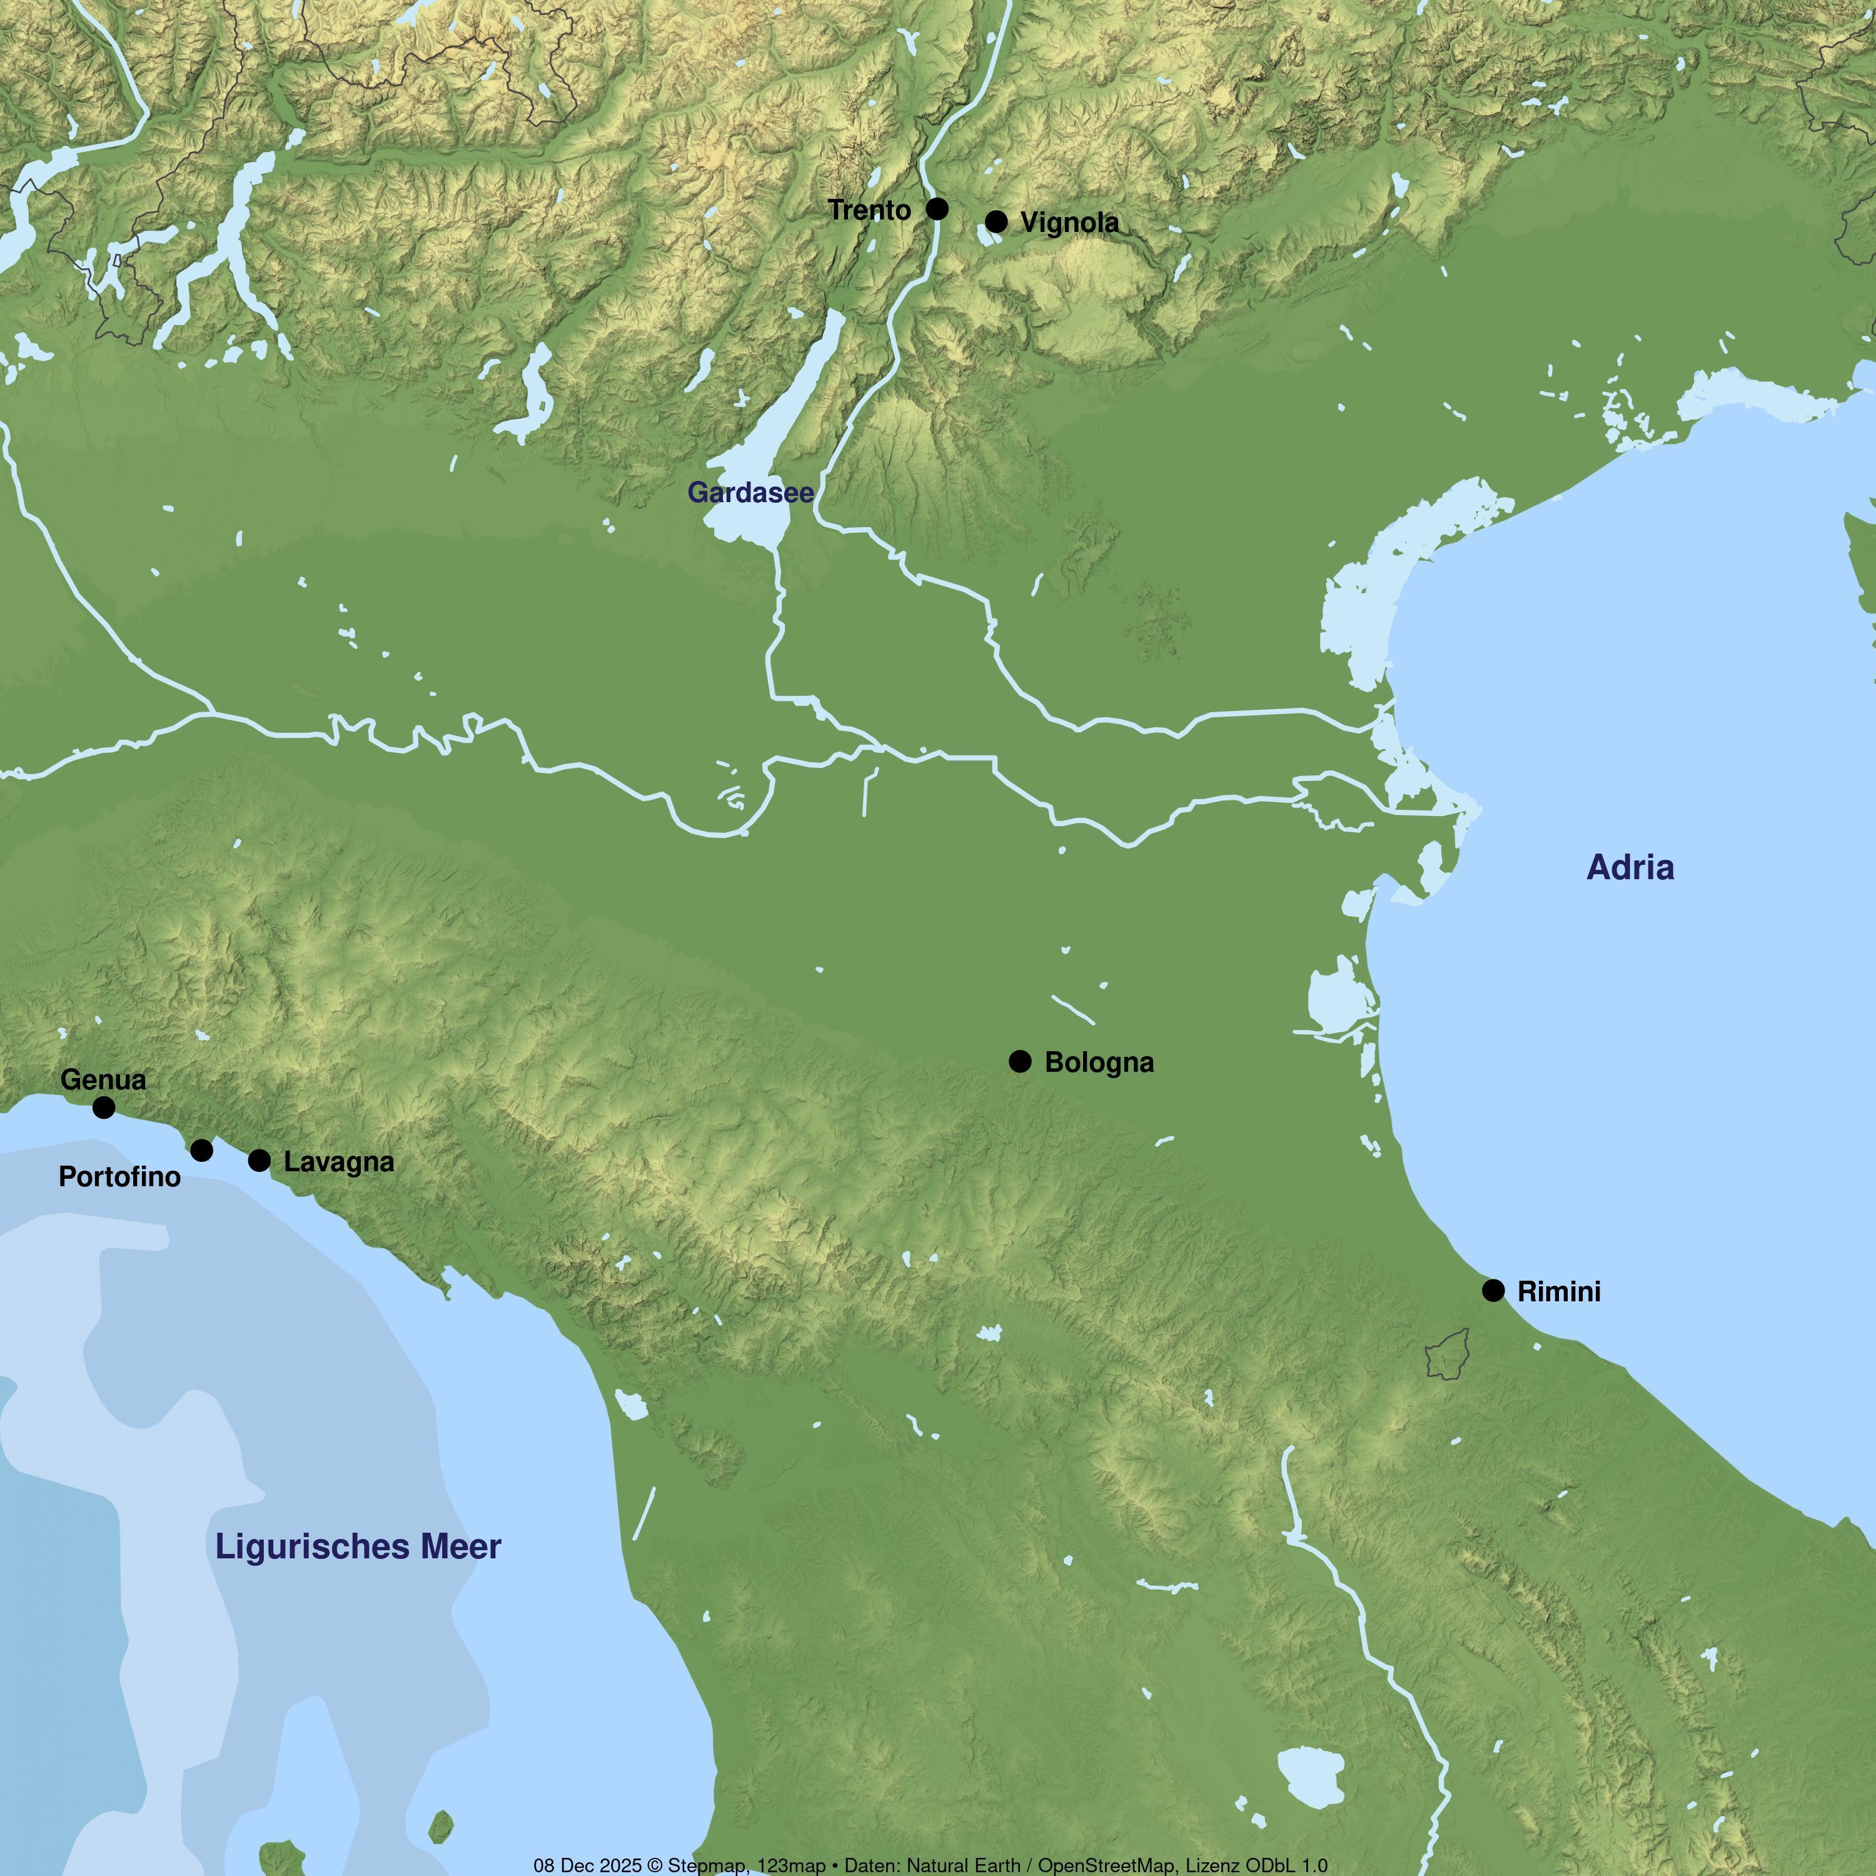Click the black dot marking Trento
937,209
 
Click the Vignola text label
1069,223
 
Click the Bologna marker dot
1019,1061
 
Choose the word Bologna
1099,1063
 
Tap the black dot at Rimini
1493,1291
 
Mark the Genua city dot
104,1107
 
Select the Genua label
103,1080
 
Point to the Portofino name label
119,1177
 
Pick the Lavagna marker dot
260,1161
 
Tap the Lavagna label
339,1162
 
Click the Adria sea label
1630,868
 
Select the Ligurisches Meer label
358,1547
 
